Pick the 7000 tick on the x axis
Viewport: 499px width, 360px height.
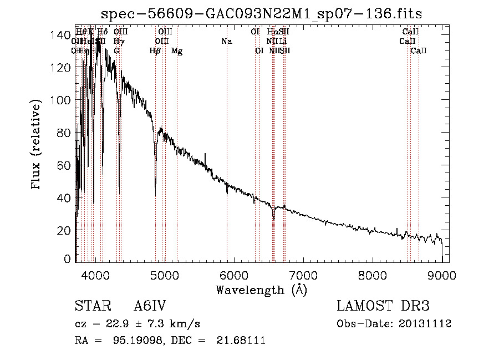click(303, 275)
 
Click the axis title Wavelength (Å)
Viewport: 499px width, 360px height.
click(261, 290)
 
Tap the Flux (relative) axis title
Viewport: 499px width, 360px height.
click(37, 145)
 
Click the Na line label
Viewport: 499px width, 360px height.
click(226, 41)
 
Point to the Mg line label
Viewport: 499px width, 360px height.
click(177, 51)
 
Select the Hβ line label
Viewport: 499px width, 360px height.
click(155, 51)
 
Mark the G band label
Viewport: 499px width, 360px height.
click(116, 51)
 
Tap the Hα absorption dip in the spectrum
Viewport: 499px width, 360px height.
click(273, 219)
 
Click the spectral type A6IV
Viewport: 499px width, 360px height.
click(150, 306)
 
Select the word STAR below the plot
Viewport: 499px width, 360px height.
click(90, 306)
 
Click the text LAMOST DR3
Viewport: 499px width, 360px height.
click(383, 306)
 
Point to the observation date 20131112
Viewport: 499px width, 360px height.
click(424, 323)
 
